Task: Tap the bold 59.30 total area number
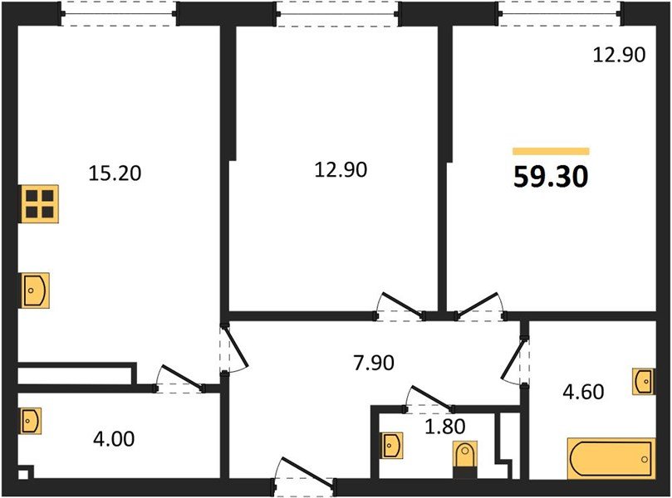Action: click(x=551, y=177)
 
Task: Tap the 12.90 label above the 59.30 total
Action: click(x=618, y=56)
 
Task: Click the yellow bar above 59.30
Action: click(x=551, y=152)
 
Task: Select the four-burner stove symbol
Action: click(x=40, y=203)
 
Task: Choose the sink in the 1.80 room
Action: click(x=390, y=446)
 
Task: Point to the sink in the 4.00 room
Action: click(x=30, y=420)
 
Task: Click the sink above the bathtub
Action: click(x=643, y=381)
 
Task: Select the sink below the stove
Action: click(x=36, y=290)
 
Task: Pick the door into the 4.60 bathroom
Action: click(x=518, y=358)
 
